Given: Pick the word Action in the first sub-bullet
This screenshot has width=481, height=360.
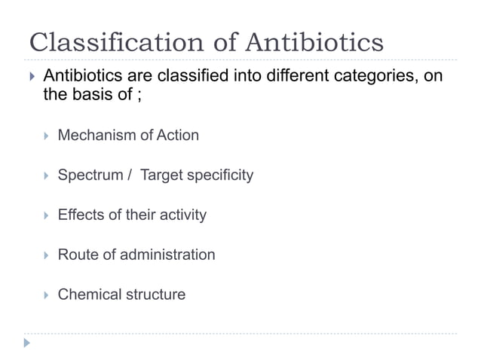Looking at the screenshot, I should point(177,136).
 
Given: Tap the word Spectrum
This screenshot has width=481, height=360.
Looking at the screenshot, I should point(90,175).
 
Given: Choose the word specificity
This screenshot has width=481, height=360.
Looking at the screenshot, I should point(218,175).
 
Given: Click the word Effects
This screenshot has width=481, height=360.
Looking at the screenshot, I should point(81,215).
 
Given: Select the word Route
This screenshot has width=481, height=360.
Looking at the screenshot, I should point(77,255).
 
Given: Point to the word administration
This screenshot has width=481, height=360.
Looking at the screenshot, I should point(166,255).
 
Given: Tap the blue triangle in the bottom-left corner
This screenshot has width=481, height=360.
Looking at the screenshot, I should point(28,343).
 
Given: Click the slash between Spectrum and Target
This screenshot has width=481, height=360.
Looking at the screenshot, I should point(130,175).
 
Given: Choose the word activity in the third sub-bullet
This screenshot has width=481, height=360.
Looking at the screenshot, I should point(181,215).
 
